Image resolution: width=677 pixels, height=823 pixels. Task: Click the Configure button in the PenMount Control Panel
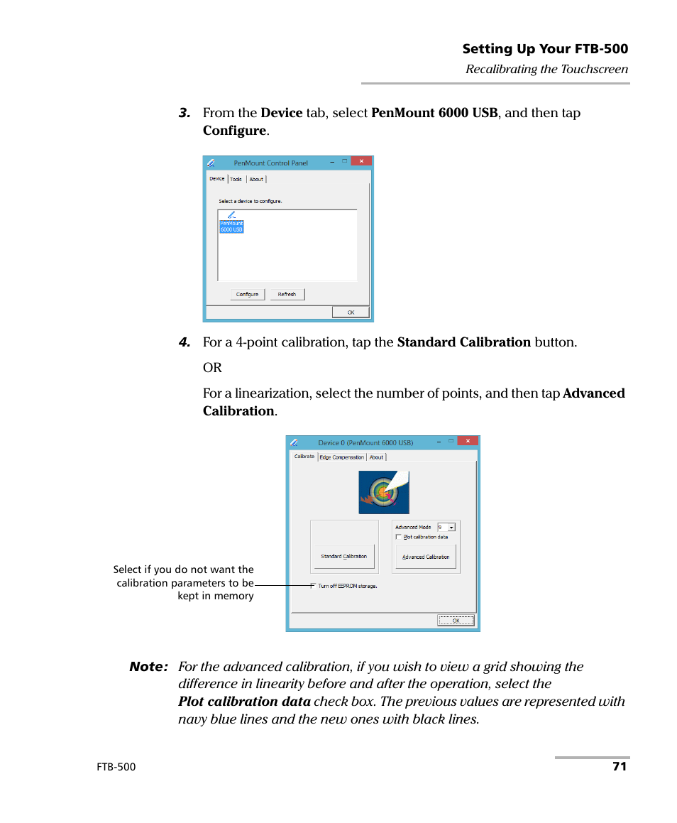coord(247,294)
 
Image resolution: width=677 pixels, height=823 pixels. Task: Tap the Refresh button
coord(287,294)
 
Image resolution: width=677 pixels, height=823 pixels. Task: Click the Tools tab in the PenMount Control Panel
coord(236,179)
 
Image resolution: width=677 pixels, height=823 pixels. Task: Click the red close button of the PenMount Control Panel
coord(361,162)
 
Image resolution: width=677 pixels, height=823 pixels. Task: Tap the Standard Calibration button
coord(344,556)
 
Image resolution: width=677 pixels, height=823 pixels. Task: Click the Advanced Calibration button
coord(426,557)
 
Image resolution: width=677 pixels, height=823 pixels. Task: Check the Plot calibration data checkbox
coord(399,537)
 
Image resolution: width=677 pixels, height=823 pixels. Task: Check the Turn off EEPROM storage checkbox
coord(313,586)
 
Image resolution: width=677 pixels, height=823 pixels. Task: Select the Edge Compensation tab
coord(341,457)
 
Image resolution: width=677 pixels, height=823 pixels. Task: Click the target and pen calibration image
coord(384,492)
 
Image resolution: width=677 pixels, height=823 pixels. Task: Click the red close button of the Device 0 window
coord(467,441)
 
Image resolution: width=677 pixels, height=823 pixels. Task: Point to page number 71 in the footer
coord(620,767)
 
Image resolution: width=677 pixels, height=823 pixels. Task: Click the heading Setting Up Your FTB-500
coord(545,49)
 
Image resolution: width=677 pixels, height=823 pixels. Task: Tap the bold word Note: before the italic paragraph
coord(148,667)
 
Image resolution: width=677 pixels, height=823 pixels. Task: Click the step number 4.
coord(185,342)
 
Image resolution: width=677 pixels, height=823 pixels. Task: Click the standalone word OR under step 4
coord(212,368)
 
